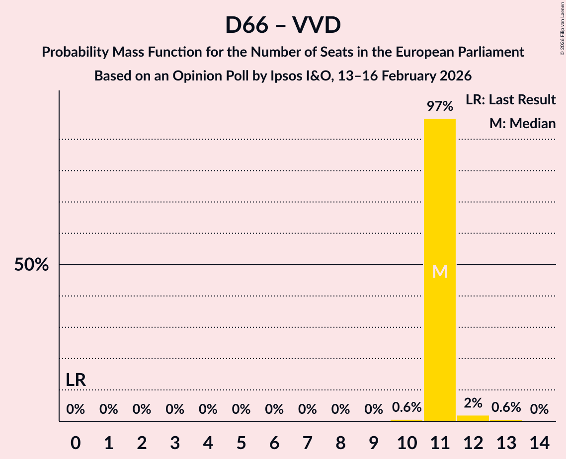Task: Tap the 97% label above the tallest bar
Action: point(440,106)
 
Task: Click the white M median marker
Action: point(440,271)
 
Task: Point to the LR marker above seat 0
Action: point(76,381)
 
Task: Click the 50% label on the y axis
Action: point(31,265)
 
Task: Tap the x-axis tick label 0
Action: point(76,442)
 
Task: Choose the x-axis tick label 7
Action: point(308,442)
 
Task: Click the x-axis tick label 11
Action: point(440,442)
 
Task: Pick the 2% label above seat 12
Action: point(473,403)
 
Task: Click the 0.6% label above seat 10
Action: point(406,407)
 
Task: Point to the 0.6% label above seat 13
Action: point(506,407)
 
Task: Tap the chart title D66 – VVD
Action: point(283,25)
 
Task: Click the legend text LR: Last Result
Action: point(510,100)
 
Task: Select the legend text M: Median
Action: point(522,124)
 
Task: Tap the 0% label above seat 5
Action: point(241,409)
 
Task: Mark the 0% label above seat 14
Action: point(539,409)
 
